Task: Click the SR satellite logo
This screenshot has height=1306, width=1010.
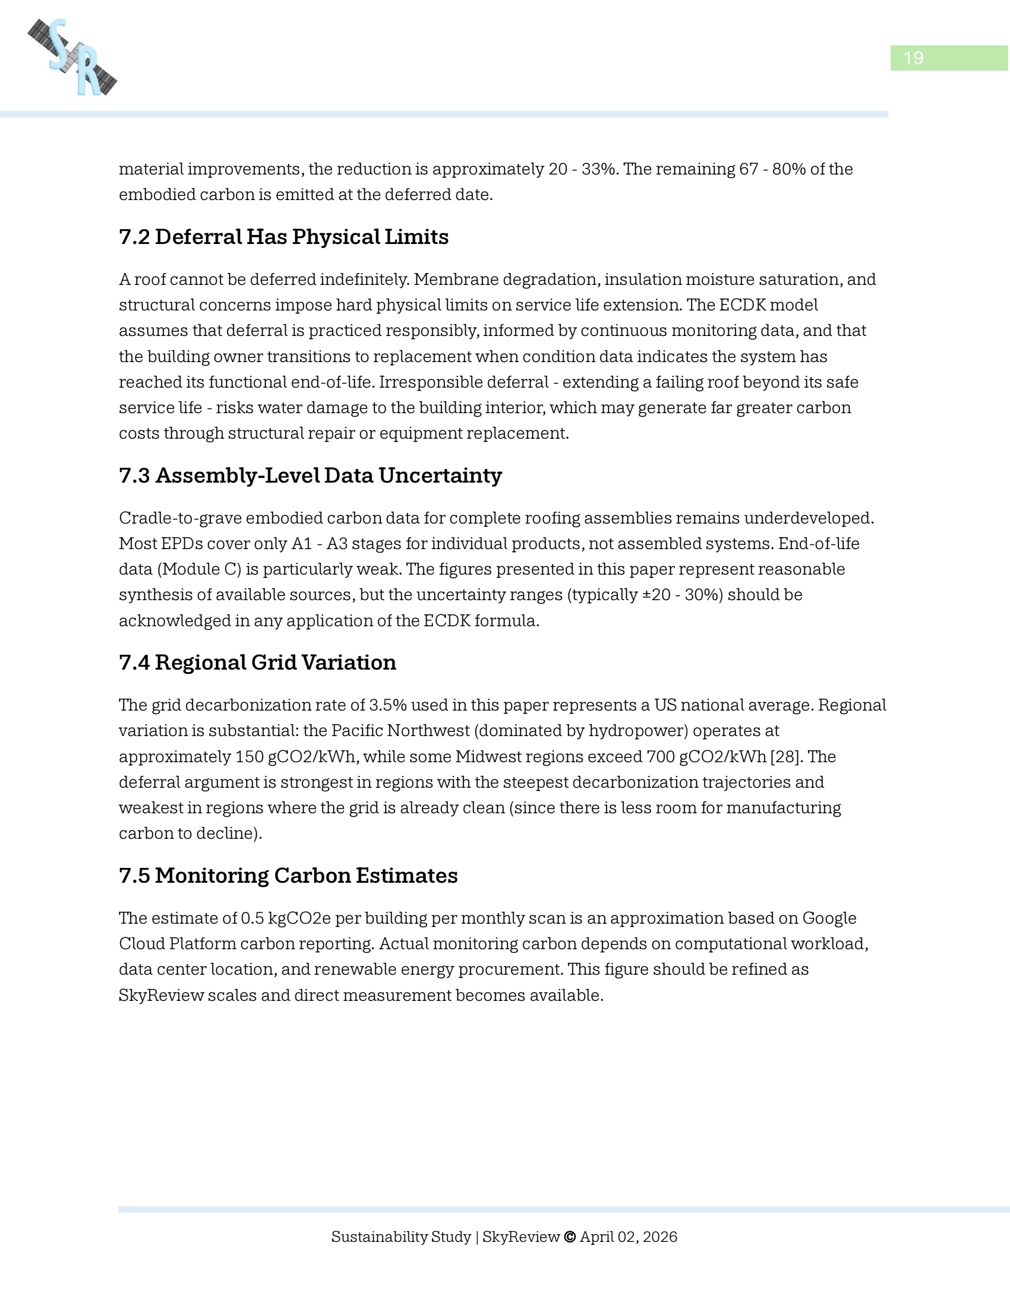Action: (x=72, y=58)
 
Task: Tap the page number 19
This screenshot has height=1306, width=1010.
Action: (x=913, y=58)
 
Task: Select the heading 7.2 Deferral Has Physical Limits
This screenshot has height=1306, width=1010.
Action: (x=283, y=237)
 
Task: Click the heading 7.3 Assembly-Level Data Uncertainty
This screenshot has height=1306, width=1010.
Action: (x=310, y=476)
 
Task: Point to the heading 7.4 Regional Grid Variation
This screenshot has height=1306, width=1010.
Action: (x=257, y=662)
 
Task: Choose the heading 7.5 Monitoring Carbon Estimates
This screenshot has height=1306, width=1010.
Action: (x=288, y=876)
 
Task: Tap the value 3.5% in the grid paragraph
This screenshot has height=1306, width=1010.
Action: (x=388, y=705)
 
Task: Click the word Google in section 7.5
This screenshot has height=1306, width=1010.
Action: (x=829, y=918)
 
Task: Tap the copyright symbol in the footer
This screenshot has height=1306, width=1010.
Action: (x=570, y=1237)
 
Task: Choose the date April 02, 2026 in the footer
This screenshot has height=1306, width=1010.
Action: (x=628, y=1237)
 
